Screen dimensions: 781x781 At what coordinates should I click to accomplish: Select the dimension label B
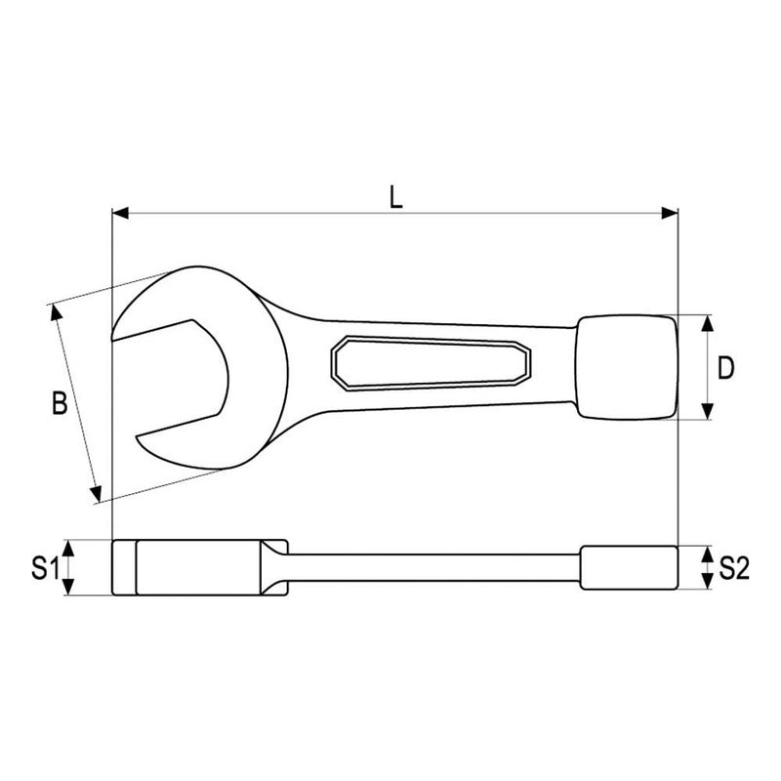[x=59, y=403]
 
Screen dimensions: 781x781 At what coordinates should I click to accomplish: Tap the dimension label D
[x=724, y=368]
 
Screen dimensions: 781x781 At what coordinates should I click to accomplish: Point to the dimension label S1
[x=41, y=568]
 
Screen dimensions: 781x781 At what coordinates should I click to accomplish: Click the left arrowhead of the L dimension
[x=120, y=212]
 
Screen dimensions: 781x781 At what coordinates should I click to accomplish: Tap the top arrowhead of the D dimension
[x=707, y=321]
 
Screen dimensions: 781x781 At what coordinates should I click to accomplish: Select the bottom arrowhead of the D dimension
[x=707, y=413]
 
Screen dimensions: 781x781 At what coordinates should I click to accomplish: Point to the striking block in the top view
[x=625, y=367]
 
